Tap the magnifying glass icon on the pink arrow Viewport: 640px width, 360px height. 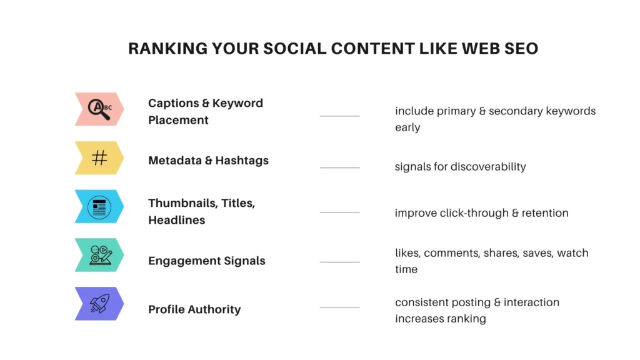[98, 109]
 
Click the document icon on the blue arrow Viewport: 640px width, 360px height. [99, 206]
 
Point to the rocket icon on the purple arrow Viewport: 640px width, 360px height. [99, 303]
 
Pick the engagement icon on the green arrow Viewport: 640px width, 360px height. [100, 254]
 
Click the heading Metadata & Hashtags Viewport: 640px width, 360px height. [208, 161]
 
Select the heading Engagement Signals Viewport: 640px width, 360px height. [206, 261]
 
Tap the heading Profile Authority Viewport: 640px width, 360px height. [194, 309]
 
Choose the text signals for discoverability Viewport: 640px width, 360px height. [460, 167]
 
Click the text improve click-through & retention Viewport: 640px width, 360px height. [481, 213]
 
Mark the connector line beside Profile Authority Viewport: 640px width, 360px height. [339, 307]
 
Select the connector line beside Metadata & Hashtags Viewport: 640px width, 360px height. [339, 167]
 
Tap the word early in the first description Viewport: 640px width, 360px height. [407, 127]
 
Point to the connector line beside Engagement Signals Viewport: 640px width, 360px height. [339, 262]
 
